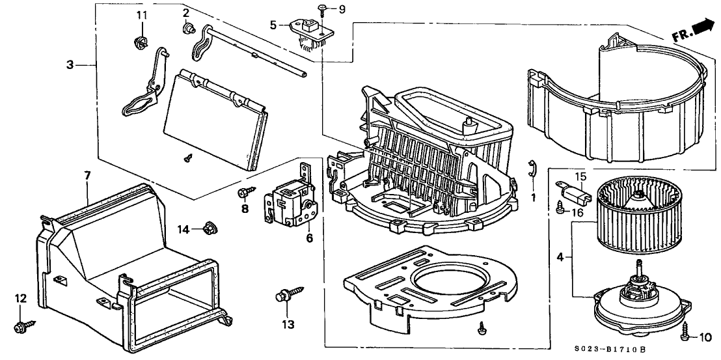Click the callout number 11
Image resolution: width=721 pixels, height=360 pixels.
pos(142,14)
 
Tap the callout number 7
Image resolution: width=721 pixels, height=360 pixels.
pos(87,176)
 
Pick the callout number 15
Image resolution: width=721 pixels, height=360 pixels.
pos(580,177)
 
